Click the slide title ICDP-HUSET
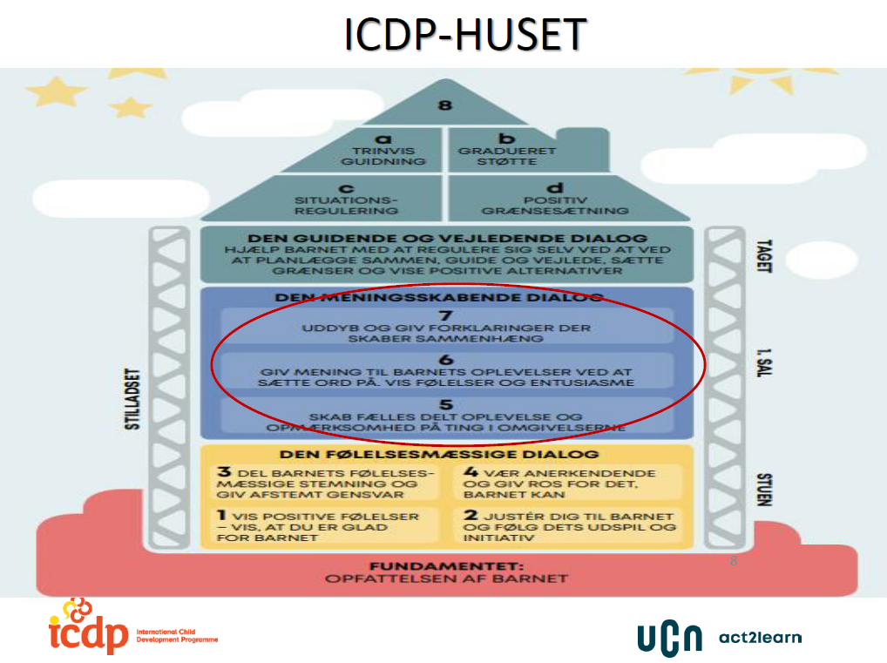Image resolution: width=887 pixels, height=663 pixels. tap(464, 34)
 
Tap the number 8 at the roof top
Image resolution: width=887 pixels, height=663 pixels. tap(445, 105)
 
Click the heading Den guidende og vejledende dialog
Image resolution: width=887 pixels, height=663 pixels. tap(447, 239)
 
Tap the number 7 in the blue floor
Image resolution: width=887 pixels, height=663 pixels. tap(446, 314)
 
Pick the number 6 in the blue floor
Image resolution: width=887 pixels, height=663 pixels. tap(446, 359)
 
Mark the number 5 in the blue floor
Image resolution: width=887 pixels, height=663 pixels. tap(446, 404)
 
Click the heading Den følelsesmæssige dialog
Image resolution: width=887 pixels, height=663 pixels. tap(438, 455)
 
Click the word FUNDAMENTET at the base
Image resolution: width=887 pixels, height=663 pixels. tap(445, 565)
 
